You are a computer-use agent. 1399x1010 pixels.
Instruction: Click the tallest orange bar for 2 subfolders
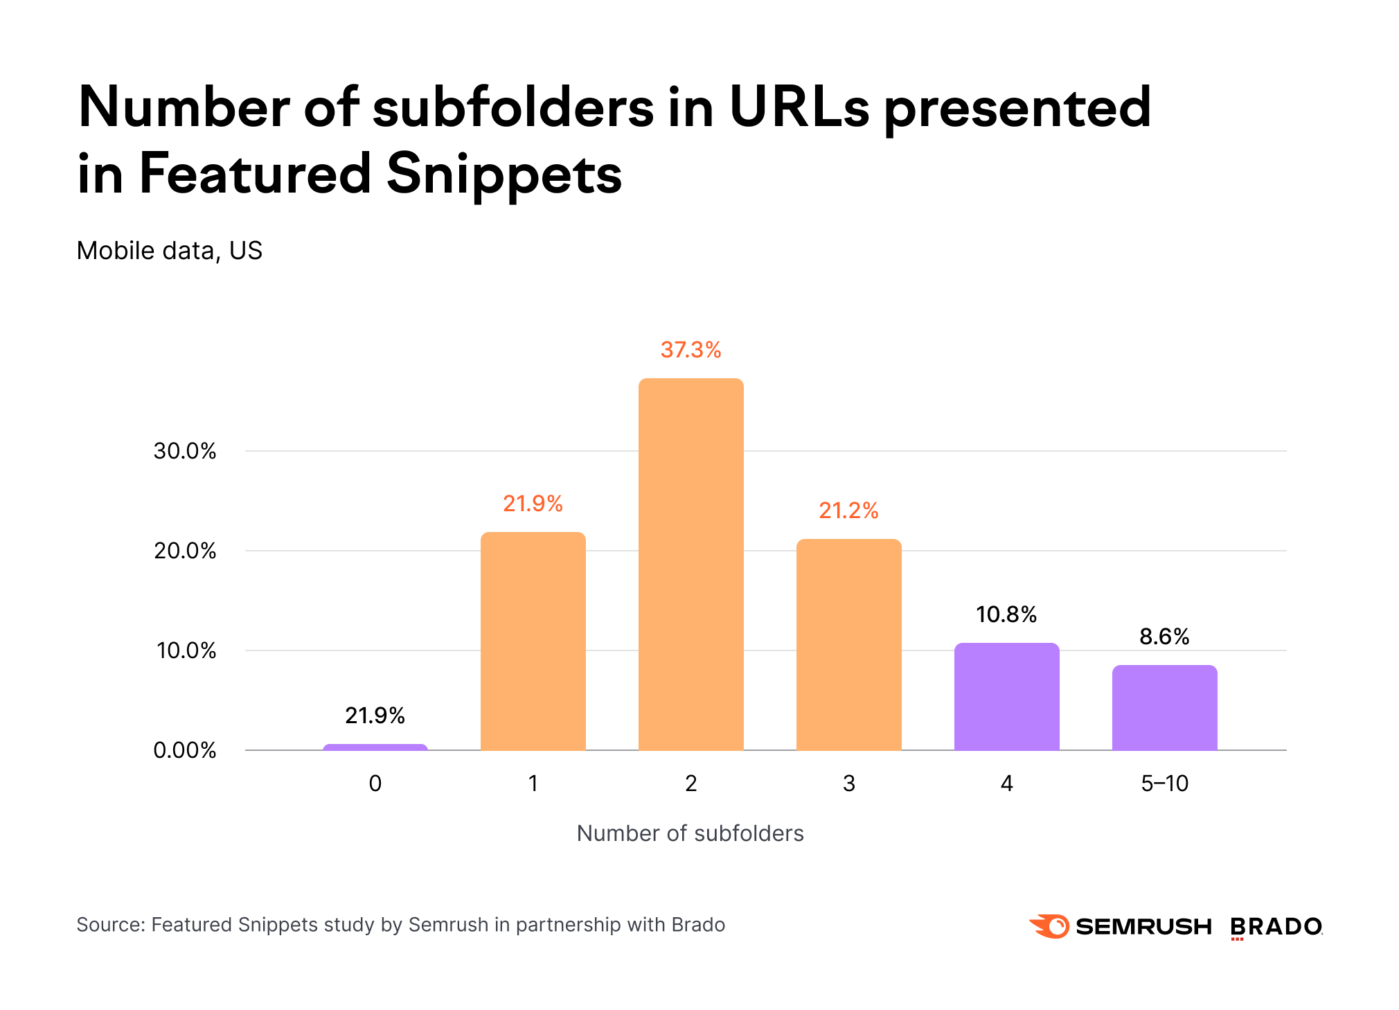pyautogui.click(x=690, y=564)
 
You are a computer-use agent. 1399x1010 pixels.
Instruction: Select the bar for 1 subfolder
pyautogui.click(x=533, y=641)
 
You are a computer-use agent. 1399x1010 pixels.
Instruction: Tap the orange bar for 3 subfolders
pyautogui.click(x=848, y=644)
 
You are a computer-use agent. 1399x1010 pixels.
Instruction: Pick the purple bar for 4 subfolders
pyautogui.click(x=1006, y=696)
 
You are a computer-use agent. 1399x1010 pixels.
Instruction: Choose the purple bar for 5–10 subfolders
pyautogui.click(x=1164, y=707)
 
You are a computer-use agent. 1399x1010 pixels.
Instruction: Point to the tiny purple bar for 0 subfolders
pyautogui.click(x=375, y=747)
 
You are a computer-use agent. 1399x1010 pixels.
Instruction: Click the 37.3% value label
pyautogui.click(x=690, y=350)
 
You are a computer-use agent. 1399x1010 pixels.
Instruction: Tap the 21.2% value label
pyautogui.click(x=848, y=511)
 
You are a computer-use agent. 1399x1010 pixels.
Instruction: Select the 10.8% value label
pyautogui.click(x=1006, y=614)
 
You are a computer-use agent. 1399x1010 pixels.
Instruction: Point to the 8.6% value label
pyautogui.click(x=1164, y=637)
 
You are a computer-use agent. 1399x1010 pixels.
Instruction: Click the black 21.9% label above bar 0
pyautogui.click(x=375, y=716)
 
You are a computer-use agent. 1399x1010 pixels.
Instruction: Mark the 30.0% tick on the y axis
pyautogui.click(x=185, y=451)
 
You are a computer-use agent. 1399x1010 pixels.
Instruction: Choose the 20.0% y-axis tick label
pyautogui.click(x=185, y=551)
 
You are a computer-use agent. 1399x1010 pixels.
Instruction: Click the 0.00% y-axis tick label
pyautogui.click(x=185, y=750)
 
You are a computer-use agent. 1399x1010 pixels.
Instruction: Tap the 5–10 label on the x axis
pyautogui.click(x=1164, y=783)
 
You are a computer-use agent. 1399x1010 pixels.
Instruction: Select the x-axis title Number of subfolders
pyautogui.click(x=690, y=833)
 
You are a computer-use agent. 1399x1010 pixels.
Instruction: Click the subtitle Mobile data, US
pyautogui.click(x=170, y=251)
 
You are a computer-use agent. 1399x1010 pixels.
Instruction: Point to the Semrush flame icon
pyautogui.click(x=1050, y=926)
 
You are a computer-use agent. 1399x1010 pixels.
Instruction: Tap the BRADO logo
pyautogui.click(x=1276, y=927)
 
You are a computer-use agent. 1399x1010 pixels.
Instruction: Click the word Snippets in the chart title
pyautogui.click(x=504, y=174)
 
